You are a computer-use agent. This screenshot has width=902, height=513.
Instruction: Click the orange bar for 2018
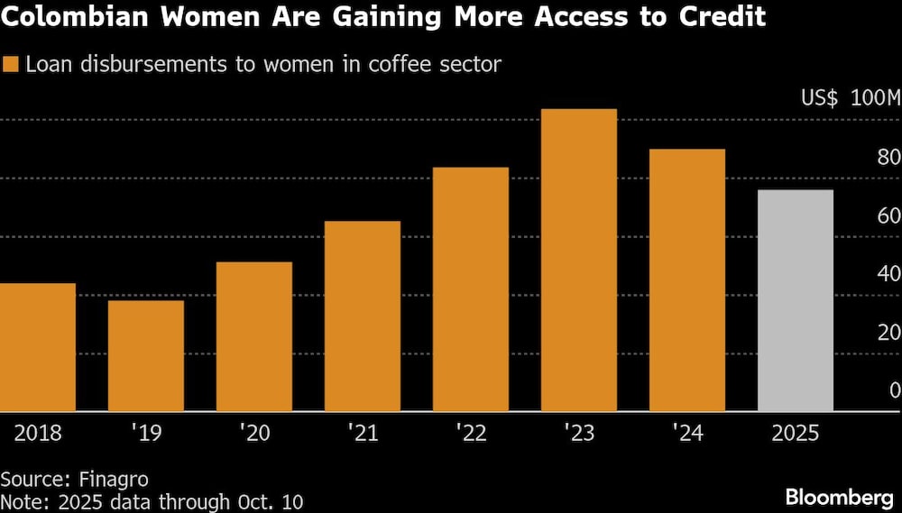[x=38, y=347]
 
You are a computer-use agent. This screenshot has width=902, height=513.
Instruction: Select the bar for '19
[x=146, y=355]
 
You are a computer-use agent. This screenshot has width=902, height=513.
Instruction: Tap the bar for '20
[x=254, y=336]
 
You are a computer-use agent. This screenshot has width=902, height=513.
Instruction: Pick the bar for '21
[x=363, y=316]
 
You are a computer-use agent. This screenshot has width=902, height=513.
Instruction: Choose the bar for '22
[x=471, y=289]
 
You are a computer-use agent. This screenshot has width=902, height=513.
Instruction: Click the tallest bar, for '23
[x=579, y=260]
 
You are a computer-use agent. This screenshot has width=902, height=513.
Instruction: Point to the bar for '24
[x=687, y=279]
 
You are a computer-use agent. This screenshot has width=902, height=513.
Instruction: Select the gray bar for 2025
[x=796, y=300]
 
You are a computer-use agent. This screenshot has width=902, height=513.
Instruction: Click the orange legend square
[x=11, y=64]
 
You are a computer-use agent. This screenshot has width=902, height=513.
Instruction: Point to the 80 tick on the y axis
[x=888, y=158]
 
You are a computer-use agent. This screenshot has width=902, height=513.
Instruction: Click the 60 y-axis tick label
[x=888, y=216]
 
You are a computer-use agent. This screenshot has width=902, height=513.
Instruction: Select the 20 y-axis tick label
[x=888, y=332]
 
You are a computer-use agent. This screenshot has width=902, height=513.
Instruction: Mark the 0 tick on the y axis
[x=894, y=390]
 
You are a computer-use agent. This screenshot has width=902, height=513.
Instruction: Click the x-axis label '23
[x=579, y=433]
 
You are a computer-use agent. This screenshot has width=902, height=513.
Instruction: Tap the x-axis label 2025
[x=796, y=433]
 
